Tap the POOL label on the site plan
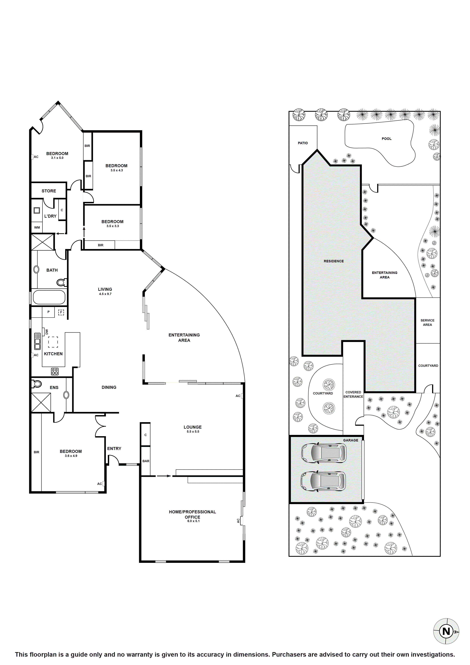click(386, 139)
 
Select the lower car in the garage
click(323, 481)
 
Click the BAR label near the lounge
click(146, 461)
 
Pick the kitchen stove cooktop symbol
click(55, 371)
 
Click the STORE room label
click(49, 191)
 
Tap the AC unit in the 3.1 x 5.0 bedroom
click(32, 157)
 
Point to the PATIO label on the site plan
click(303, 143)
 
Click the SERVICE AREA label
click(427, 322)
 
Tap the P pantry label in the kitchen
click(48, 312)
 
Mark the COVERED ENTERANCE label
click(353, 394)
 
